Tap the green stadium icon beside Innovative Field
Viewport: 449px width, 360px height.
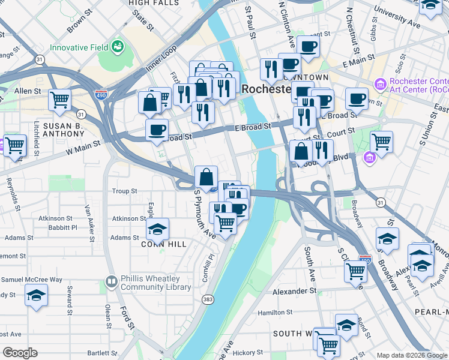point(118,46)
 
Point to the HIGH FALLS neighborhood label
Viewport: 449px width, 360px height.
point(151,3)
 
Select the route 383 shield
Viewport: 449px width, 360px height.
point(208,298)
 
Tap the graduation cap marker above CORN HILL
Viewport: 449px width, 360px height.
point(157,229)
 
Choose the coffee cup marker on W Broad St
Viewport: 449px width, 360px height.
point(157,129)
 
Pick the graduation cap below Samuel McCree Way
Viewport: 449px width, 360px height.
point(37,295)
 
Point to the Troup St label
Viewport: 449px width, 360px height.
point(125,191)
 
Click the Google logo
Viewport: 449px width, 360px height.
point(20,353)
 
